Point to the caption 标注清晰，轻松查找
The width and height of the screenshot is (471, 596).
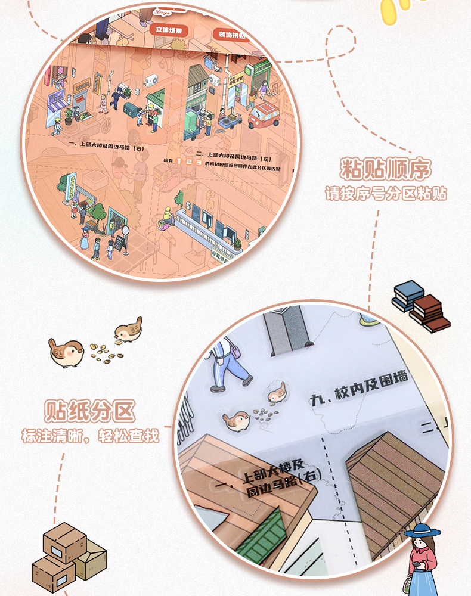(x=90, y=436)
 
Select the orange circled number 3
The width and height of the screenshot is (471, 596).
(x=198, y=162)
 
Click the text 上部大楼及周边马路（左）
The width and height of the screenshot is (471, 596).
(x=238, y=153)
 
